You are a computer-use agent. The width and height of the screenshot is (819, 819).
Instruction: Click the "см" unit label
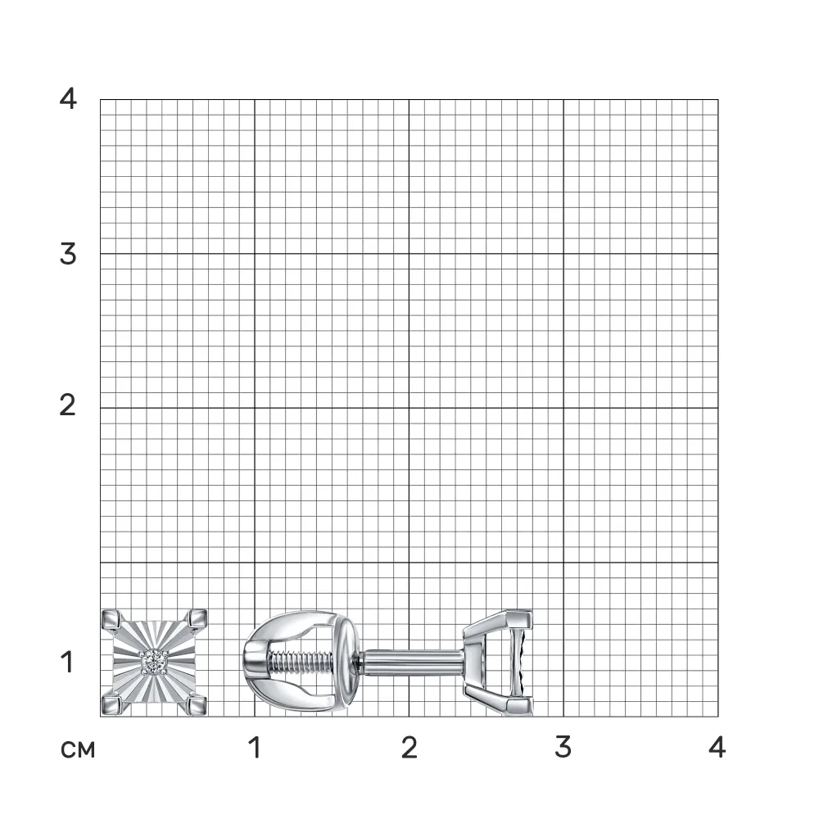click(78, 750)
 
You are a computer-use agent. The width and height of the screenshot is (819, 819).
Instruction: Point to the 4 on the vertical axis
click(68, 97)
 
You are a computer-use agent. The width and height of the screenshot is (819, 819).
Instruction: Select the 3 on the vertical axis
click(68, 254)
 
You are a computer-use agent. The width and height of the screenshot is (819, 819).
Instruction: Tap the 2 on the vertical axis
click(68, 405)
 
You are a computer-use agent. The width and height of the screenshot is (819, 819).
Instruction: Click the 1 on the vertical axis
click(67, 662)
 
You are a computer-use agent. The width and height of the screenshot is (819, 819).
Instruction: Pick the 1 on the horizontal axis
click(255, 748)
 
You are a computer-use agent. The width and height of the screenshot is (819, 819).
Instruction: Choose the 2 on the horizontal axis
click(409, 748)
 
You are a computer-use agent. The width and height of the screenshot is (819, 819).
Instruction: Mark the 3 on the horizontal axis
click(563, 748)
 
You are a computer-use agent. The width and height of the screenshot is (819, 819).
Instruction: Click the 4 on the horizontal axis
click(717, 748)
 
